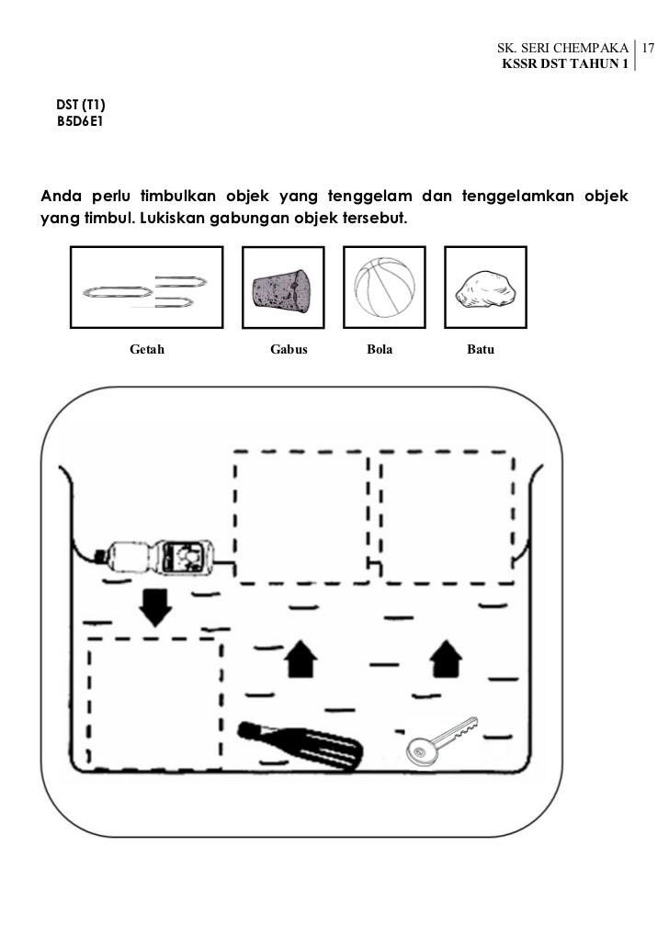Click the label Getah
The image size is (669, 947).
[147, 350]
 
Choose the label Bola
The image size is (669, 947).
[380, 350]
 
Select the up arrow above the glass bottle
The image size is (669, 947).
[298, 659]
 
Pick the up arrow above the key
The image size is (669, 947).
[447, 658]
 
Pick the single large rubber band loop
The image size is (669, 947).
[118, 291]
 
